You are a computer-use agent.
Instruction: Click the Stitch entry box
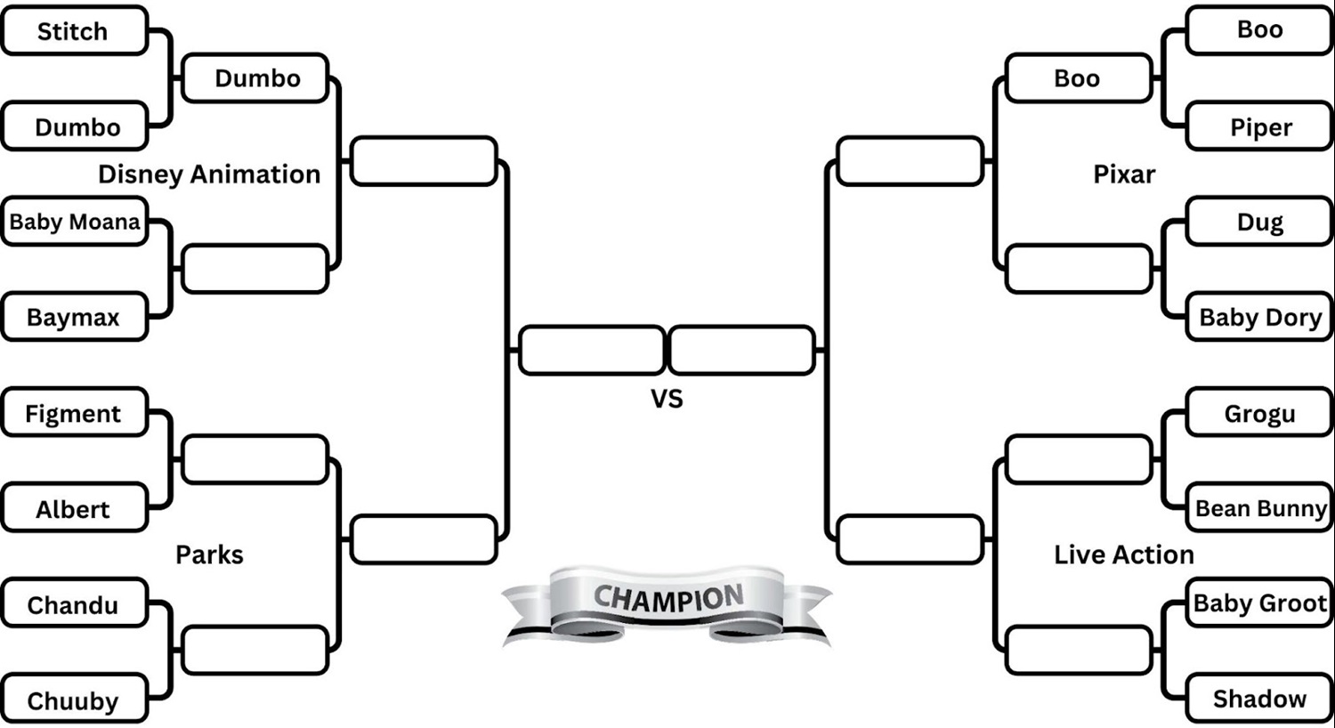pos(73,31)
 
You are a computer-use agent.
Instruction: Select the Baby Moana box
pos(75,222)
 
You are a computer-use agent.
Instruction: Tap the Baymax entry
pos(73,317)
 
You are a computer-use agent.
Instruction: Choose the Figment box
pos(73,413)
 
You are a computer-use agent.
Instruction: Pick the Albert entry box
pos(73,509)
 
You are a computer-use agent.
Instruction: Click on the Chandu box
pos(73,605)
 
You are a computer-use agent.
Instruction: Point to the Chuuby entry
pos(73,700)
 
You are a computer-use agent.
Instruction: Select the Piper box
pos(1260,127)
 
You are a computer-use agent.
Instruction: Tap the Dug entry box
pos(1260,222)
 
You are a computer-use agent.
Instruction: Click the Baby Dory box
pos(1260,317)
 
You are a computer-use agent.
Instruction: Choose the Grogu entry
pos(1260,413)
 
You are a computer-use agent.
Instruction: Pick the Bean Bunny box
pos(1260,508)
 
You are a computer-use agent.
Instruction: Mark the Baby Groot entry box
pos(1260,603)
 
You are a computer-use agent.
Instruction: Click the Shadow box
pos(1260,699)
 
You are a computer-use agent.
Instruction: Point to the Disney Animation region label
pos(209,174)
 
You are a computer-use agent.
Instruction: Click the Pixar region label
pos(1124,174)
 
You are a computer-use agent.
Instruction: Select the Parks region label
pos(209,554)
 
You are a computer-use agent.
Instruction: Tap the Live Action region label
pos(1124,554)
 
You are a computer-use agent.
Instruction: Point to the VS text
pos(667,399)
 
